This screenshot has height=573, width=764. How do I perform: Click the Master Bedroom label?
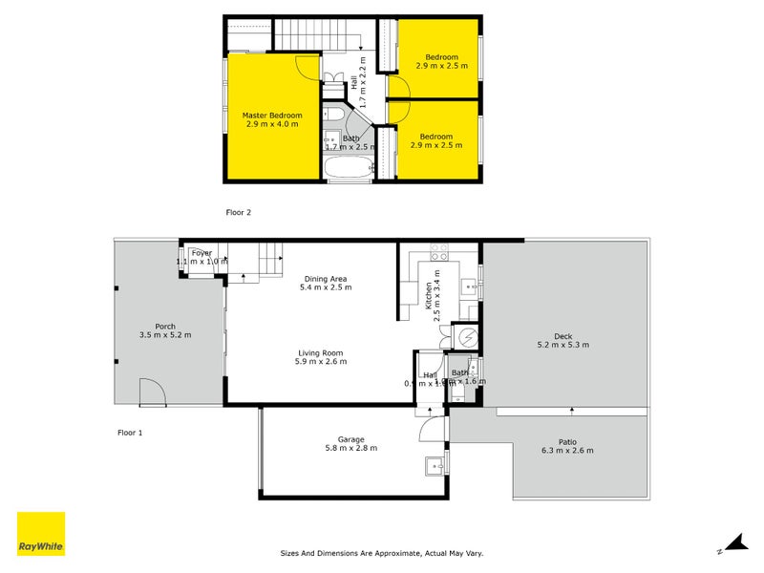(x=272, y=116)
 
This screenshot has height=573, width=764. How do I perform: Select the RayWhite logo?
(x=41, y=534)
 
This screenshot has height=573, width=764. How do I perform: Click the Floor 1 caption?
(x=129, y=433)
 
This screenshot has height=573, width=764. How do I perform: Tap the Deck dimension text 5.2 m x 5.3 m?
(x=562, y=344)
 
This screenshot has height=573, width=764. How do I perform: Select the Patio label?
(x=566, y=441)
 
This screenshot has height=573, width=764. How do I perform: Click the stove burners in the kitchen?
(x=439, y=253)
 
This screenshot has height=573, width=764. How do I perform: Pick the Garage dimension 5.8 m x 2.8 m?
(x=350, y=447)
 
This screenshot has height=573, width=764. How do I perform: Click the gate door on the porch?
(x=151, y=391)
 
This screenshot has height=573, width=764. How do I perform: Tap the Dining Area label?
(x=326, y=279)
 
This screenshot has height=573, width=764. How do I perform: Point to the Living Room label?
(x=319, y=352)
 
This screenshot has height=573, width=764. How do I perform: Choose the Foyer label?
(x=201, y=252)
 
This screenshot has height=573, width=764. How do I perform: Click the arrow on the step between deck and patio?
(x=571, y=411)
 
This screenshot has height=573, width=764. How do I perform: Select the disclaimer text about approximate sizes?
(x=382, y=552)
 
